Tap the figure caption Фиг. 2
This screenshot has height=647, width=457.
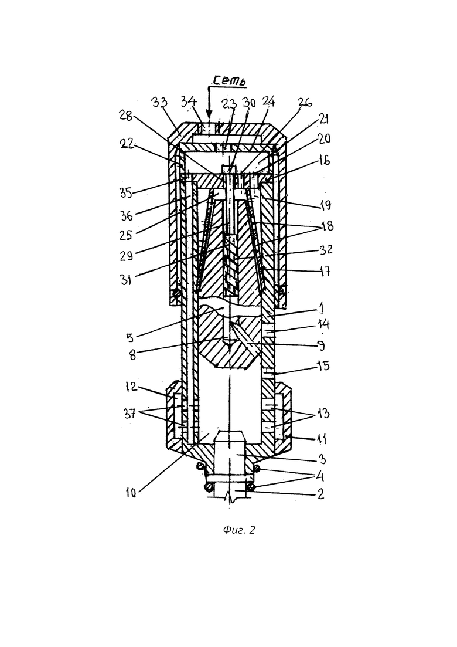(240, 530)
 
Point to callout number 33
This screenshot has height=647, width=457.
(159, 102)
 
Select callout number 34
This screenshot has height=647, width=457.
(190, 101)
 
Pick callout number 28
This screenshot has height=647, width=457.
(125, 116)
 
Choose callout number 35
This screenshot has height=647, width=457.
(127, 193)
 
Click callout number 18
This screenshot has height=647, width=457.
(327, 226)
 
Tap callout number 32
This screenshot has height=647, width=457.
(326, 250)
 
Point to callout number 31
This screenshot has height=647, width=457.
(126, 280)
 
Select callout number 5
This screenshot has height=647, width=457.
(130, 338)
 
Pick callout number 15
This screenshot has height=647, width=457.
(324, 365)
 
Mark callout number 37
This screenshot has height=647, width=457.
(130, 413)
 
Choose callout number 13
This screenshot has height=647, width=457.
(324, 413)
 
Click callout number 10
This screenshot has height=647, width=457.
(131, 493)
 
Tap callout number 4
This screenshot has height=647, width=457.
(320, 476)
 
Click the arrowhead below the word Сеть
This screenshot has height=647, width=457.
(209, 113)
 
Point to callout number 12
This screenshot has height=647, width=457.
(131, 387)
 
